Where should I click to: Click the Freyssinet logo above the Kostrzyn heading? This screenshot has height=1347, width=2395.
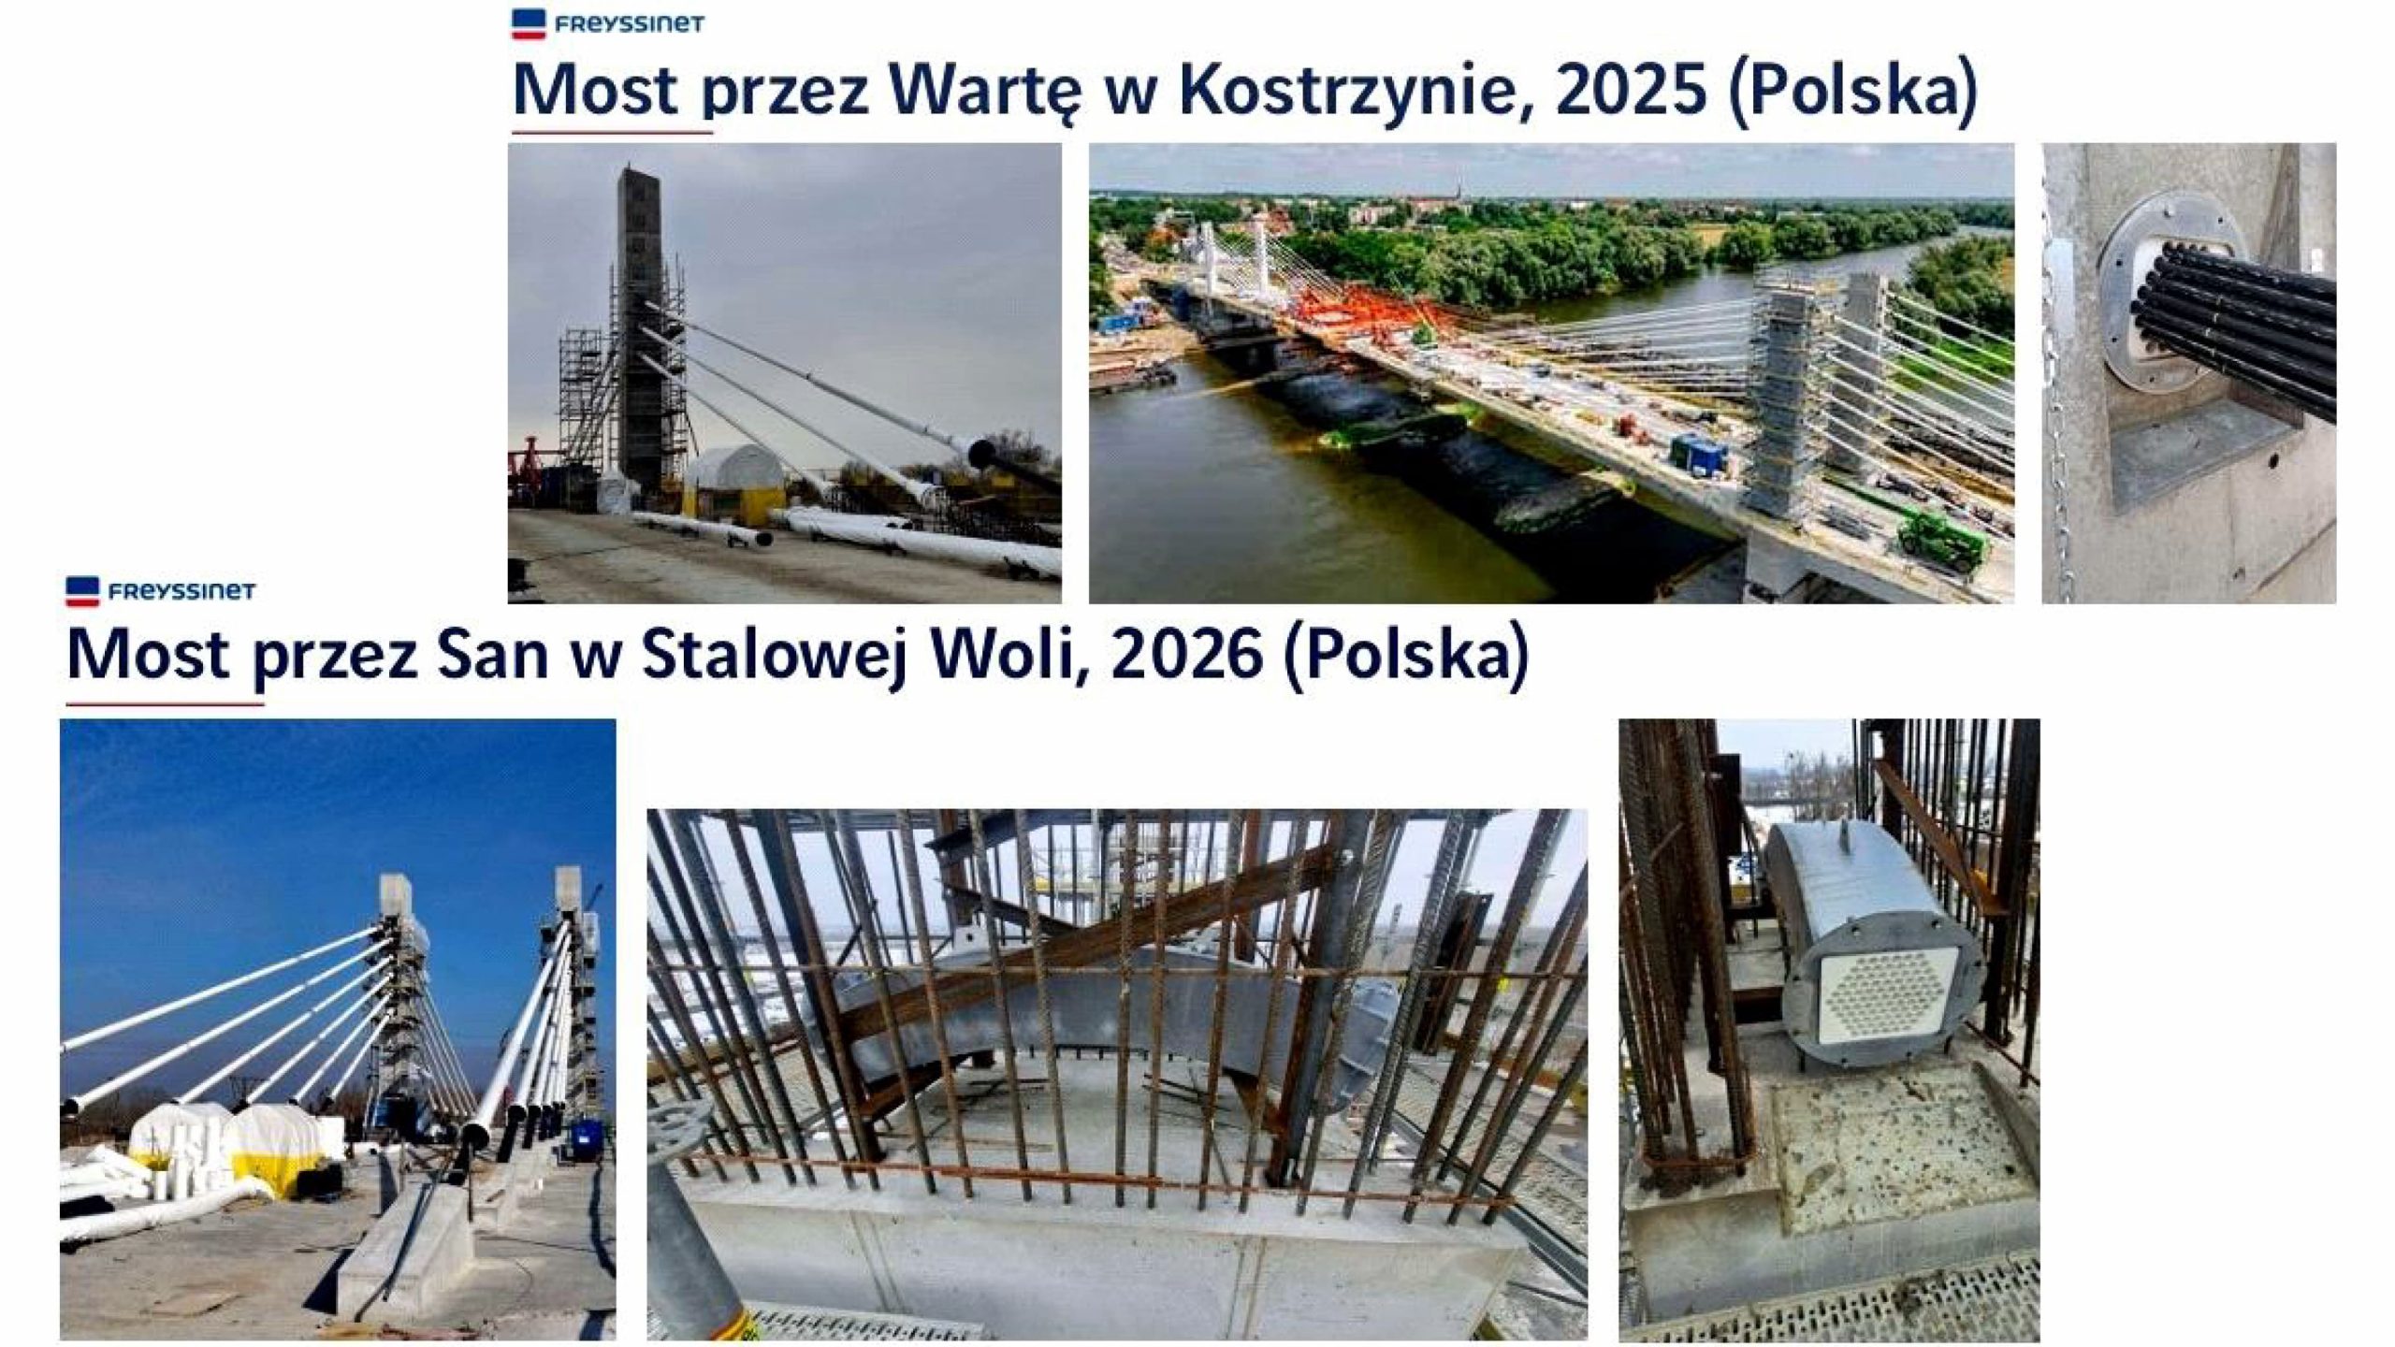click(608, 23)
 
